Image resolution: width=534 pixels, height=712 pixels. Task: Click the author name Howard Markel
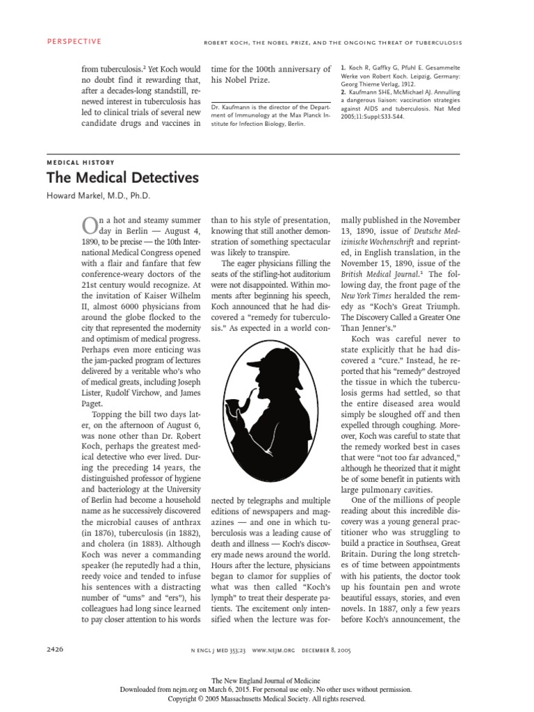coord(99,195)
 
